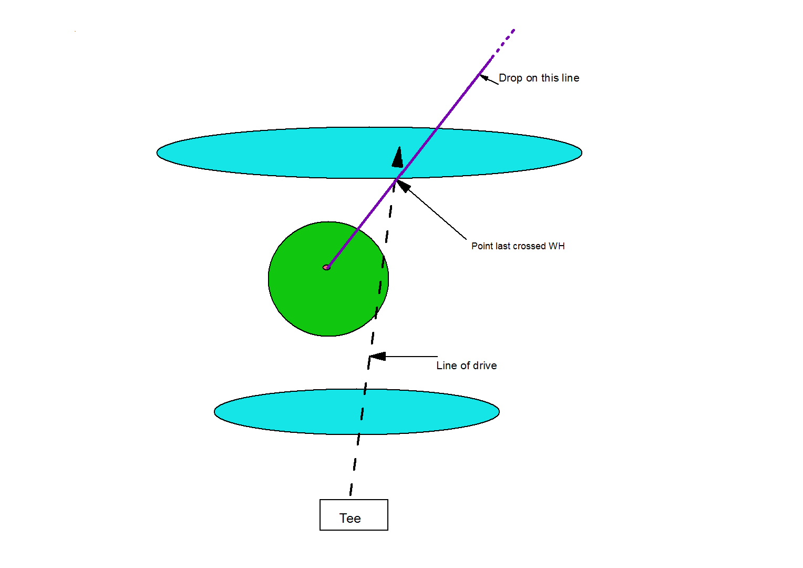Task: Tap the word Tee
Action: pos(350,519)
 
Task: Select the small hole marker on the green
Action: pos(326,267)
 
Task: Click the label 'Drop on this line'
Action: pos(539,78)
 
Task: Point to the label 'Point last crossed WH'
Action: pos(518,246)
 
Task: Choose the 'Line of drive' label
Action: pos(466,366)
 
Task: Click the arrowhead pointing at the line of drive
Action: pos(377,357)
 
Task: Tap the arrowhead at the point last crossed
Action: pos(402,185)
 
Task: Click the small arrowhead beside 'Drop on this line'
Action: pos(485,78)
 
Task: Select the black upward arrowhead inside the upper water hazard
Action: pos(398,157)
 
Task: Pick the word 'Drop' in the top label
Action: pos(510,78)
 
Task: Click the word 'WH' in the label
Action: pos(557,246)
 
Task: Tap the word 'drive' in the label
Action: pos(484,366)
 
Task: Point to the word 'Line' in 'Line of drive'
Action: pos(446,366)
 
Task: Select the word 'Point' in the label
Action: pos(482,246)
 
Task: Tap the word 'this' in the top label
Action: pos(550,78)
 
